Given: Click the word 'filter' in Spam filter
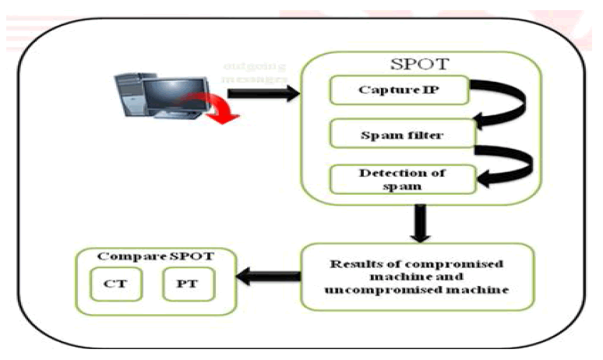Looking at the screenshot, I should pos(425,136).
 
